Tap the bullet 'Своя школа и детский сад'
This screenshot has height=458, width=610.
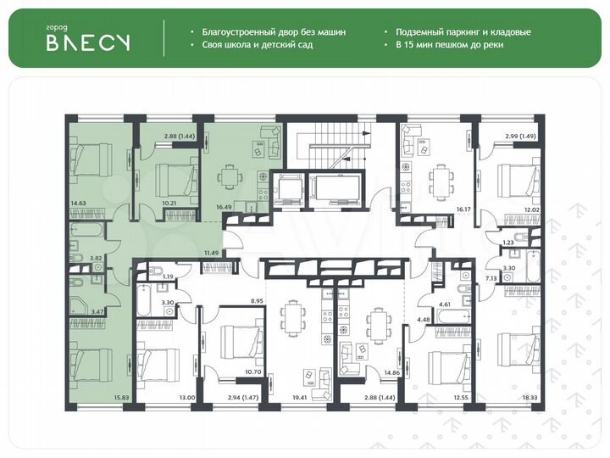point(258,44)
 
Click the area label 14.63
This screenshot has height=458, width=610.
point(79,204)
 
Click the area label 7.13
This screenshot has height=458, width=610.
point(491,277)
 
